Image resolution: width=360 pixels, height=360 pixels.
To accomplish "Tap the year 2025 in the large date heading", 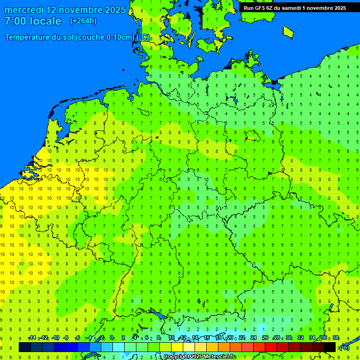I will point(113,10).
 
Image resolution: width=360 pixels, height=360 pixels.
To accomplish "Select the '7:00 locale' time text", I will point(33,21).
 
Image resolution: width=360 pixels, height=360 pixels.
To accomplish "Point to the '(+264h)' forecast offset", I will point(83,21).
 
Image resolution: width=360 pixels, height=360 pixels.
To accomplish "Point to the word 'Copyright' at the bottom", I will point(177,357).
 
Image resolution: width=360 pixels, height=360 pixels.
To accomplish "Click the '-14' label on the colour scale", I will point(32,338).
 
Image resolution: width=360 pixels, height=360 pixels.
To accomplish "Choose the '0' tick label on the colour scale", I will point(112,338).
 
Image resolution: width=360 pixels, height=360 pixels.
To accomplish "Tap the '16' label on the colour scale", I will point(206,338).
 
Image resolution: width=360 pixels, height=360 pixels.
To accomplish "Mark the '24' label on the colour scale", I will point(254,338).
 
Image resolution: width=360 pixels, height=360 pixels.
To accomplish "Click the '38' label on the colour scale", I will point(336,338).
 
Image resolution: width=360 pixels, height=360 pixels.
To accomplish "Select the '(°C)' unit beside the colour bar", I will point(344,347).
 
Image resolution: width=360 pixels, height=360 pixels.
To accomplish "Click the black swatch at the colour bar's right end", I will point(330,347).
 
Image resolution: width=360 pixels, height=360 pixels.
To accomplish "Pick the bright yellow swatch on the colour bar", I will point(177,347).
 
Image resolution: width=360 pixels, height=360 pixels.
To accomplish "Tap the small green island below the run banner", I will point(288,31).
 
